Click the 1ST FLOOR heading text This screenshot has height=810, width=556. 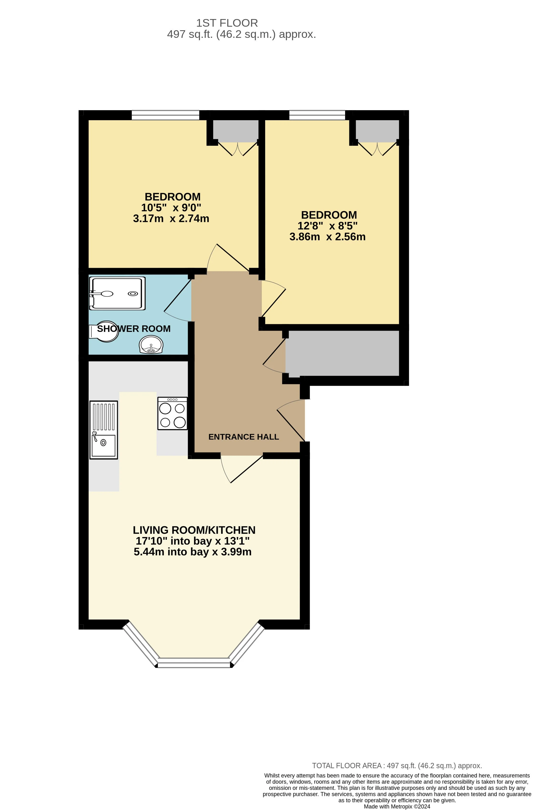[227, 23]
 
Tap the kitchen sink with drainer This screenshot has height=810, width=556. [104, 430]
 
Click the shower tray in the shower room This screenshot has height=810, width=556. [117, 293]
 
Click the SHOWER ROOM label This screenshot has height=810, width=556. [134, 329]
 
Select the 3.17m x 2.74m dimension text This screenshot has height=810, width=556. [171, 218]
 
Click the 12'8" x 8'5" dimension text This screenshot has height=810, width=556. [327, 226]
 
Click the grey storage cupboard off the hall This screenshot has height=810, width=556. [342, 353]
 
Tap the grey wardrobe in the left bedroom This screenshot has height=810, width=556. [236, 131]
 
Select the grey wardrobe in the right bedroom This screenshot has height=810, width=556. [377, 131]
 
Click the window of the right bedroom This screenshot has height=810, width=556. [317, 115]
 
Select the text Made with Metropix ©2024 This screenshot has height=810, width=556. [397, 806]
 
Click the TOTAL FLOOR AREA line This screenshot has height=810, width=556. [397, 766]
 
